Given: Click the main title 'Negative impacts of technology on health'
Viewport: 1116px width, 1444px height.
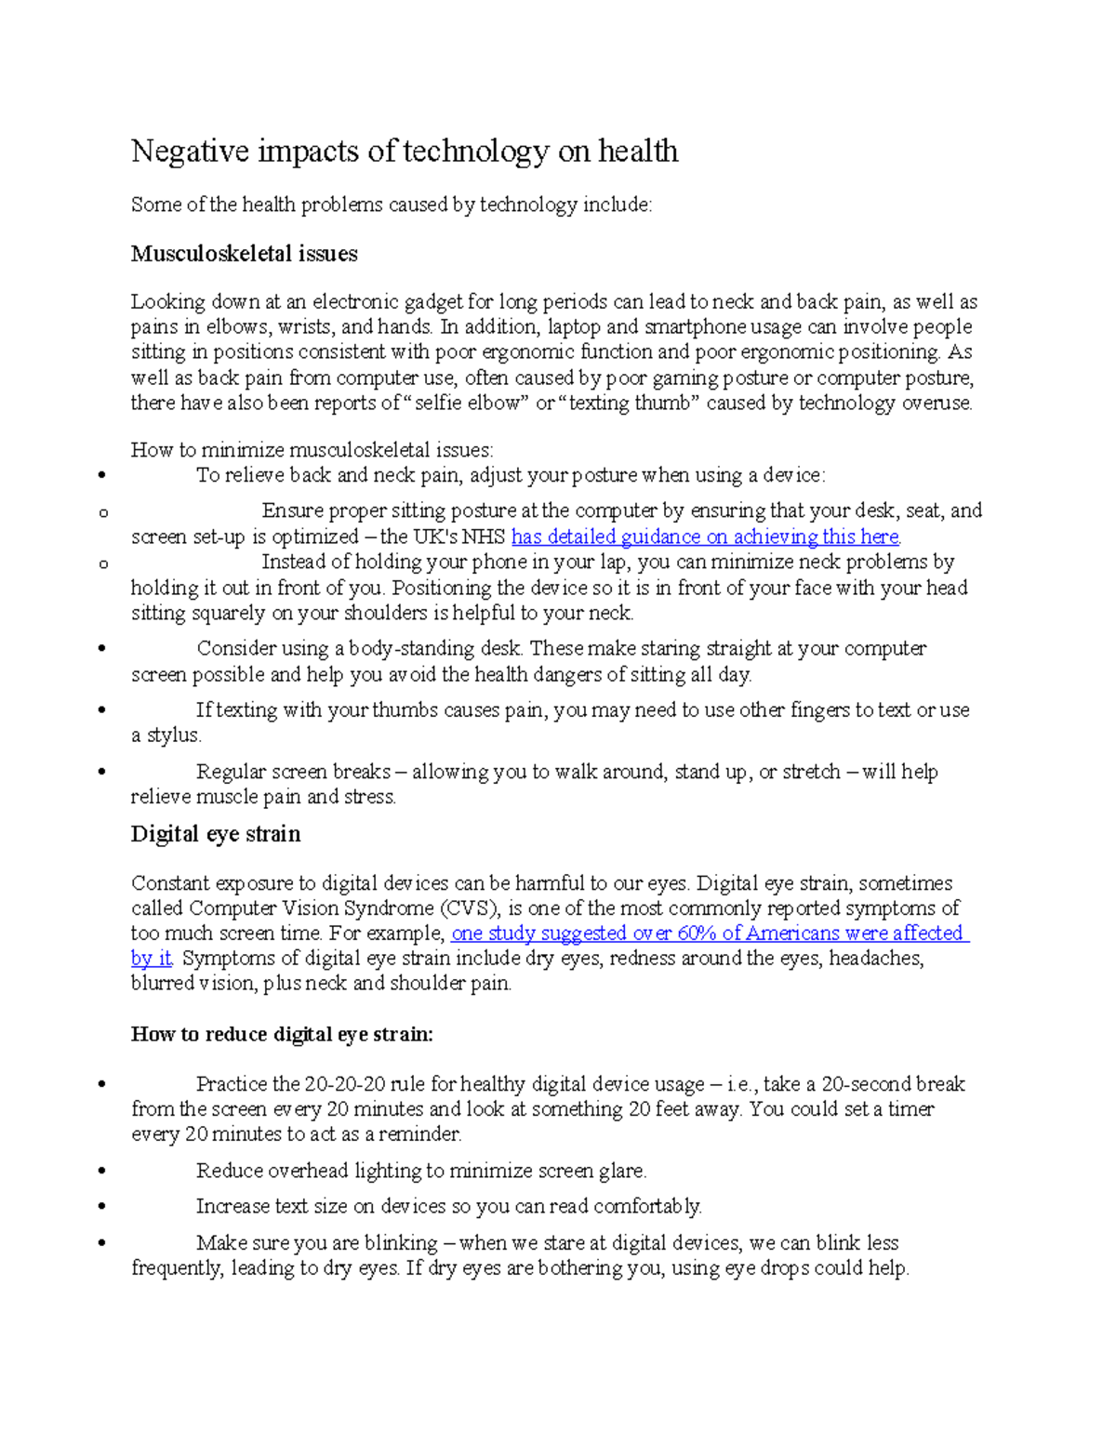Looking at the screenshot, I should point(405,151).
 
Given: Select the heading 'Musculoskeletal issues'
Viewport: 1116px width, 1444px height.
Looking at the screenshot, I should point(244,254).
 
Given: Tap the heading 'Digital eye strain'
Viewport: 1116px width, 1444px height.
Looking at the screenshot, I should point(216,834).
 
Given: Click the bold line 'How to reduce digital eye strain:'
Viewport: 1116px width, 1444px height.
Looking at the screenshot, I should point(282,1035).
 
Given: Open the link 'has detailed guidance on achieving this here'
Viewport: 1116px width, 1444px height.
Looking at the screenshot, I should point(705,537).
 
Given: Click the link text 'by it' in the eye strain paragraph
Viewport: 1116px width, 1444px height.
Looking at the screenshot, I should point(152,959).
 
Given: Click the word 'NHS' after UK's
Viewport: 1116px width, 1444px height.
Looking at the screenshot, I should point(485,537).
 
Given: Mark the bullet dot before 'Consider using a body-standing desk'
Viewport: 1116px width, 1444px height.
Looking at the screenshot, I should point(101,649).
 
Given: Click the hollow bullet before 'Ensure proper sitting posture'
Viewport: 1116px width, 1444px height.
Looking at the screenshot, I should point(102,512).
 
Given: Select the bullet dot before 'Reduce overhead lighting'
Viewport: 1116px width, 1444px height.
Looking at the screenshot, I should point(101,1172).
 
